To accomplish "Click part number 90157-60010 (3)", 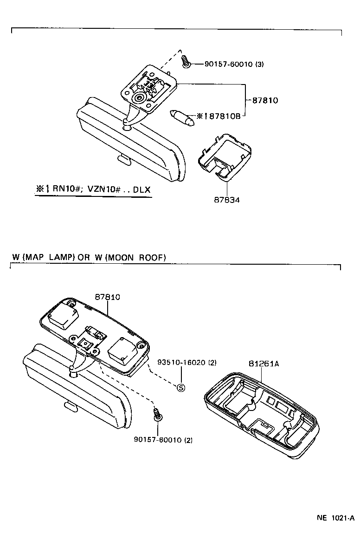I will [234, 64].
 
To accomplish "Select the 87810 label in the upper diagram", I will [265, 100].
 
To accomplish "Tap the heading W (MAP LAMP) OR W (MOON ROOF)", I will [89, 257].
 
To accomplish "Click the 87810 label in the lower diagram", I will [108, 297].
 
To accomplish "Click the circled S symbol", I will [181, 387].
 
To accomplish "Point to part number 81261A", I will [263, 364].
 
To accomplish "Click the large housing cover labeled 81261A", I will [262, 418].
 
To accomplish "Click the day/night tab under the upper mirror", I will [124, 159].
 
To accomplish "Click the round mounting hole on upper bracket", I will [139, 98].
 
